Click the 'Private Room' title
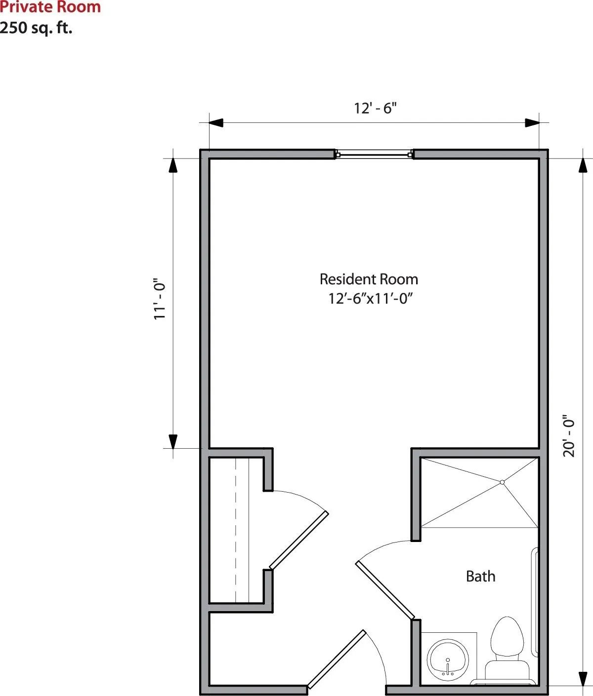coord(50,7)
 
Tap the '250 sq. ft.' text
coord(36,28)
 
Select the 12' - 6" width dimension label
coord(375,109)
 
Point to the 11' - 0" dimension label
coord(160,299)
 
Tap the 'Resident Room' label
coord(369,279)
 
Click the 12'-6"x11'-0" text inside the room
coord(371,298)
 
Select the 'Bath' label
coord(481,577)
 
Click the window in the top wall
coord(374,154)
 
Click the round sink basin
coord(448,657)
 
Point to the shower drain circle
coord(502,483)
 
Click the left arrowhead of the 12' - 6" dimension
coord(216,122)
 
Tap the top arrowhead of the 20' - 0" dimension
coord(583,165)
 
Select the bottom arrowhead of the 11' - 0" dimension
coord(173,442)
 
